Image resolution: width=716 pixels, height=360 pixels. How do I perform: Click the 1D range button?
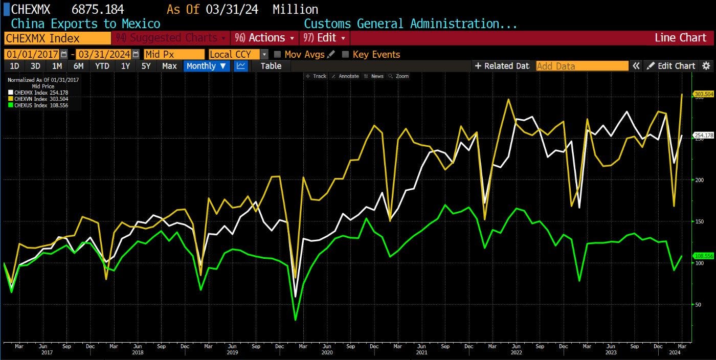pos(14,66)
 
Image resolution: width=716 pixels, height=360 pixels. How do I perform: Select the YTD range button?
pos(102,66)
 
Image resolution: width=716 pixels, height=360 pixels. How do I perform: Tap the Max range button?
pos(169,66)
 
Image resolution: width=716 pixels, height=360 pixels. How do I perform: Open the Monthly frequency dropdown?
pos(207,66)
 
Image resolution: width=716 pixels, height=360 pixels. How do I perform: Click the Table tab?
pos(271,66)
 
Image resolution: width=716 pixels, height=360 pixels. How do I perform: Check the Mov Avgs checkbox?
pos(278,54)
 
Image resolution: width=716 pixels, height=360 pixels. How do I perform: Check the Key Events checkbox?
pos(346,54)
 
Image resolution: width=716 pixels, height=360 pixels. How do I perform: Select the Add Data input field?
pos(582,66)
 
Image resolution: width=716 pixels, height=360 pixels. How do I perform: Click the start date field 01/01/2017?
pos(32,54)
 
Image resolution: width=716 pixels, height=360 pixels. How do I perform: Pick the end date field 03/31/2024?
pos(103,54)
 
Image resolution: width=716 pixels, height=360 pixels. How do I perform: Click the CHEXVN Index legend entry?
pos(38,99)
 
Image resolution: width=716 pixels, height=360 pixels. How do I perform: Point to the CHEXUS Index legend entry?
pos(38,105)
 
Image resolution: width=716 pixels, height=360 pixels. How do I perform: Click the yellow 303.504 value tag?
pos(703,94)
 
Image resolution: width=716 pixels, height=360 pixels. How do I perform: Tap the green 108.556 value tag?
pos(703,256)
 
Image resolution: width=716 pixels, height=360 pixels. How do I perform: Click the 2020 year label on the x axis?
pos(327,352)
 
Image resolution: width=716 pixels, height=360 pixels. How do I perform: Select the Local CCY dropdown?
pos(238,54)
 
